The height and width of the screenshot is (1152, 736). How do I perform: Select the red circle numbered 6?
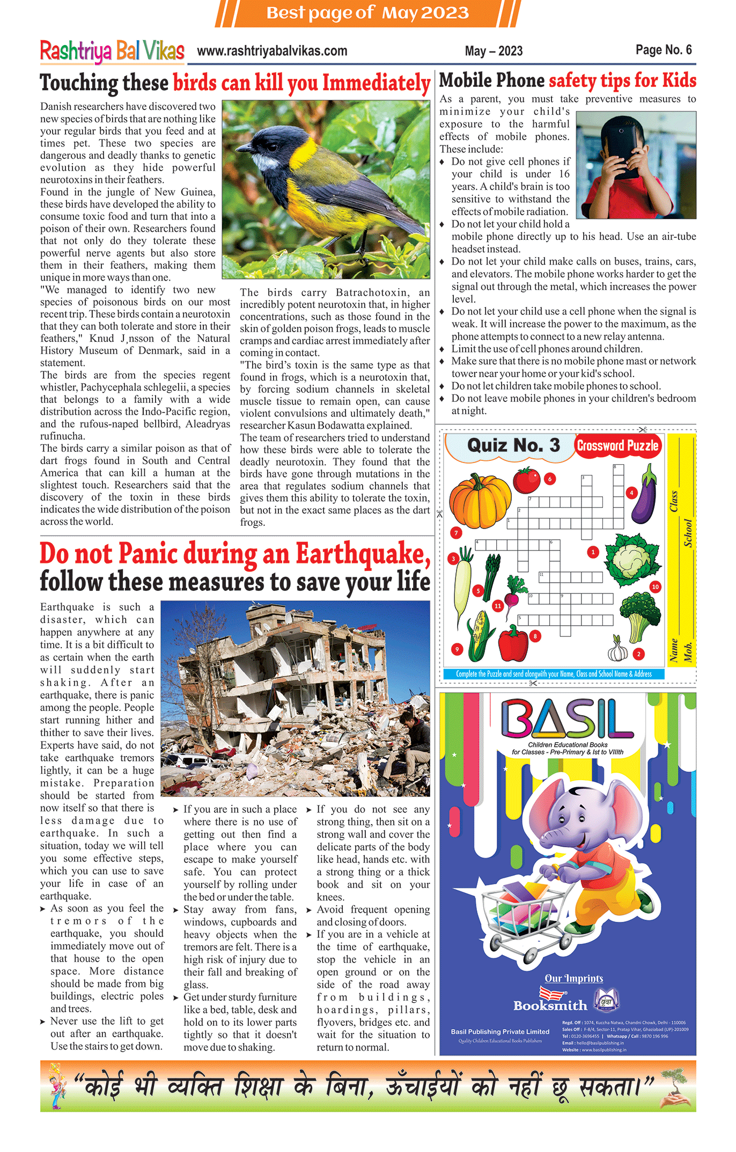tap(549, 479)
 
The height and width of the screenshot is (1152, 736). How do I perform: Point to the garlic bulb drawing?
tap(618, 650)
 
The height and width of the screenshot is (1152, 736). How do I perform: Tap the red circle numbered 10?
tap(655, 586)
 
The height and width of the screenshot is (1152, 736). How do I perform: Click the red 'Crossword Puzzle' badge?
tap(617, 446)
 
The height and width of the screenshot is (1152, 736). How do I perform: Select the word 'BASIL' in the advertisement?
tap(567, 718)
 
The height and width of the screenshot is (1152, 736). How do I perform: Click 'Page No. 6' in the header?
tap(663, 50)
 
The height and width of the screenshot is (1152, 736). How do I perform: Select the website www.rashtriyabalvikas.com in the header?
tap(272, 52)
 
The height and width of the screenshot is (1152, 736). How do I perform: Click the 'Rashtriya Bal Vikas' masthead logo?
tap(112, 52)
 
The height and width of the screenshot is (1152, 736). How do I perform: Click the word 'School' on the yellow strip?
tap(688, 533)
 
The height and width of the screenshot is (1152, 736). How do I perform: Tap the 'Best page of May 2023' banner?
tap(367, 12)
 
